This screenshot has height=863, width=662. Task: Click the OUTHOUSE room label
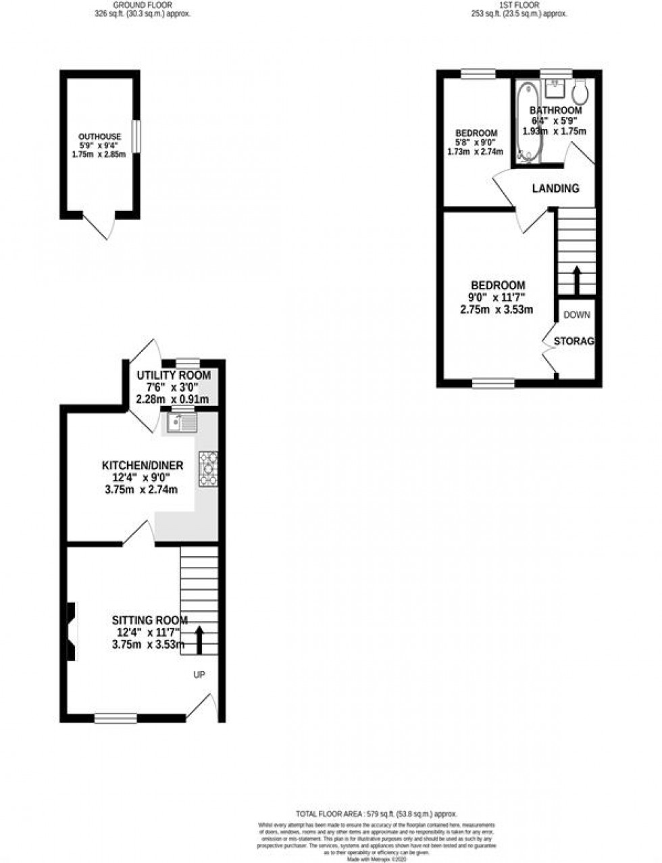[99, 137]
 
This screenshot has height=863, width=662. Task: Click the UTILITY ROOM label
[174, 375]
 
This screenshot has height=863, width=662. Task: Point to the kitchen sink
[182, 423]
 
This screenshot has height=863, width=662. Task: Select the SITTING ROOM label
[149, 620]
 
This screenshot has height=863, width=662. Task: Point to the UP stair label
[199, 674]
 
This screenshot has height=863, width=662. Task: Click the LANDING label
[555, 189]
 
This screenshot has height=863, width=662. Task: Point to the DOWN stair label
[576, 314]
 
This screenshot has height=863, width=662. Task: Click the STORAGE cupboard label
[574, 341]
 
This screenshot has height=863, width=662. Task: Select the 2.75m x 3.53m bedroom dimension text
[497, 310]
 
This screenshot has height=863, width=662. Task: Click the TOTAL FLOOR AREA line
[376, 814]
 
